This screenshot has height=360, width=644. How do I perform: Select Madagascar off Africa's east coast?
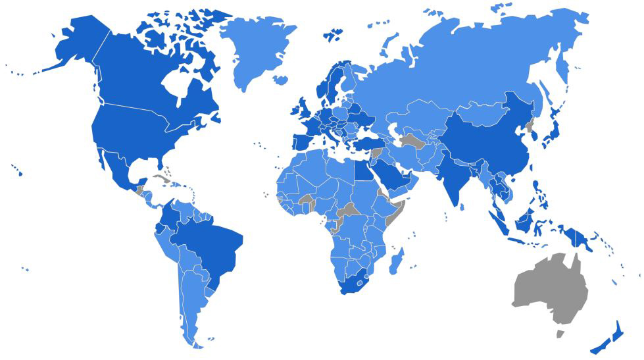[397, 260]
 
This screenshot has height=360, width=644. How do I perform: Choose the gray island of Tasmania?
[560, 334]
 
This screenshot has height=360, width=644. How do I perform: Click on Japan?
[553, 132]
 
